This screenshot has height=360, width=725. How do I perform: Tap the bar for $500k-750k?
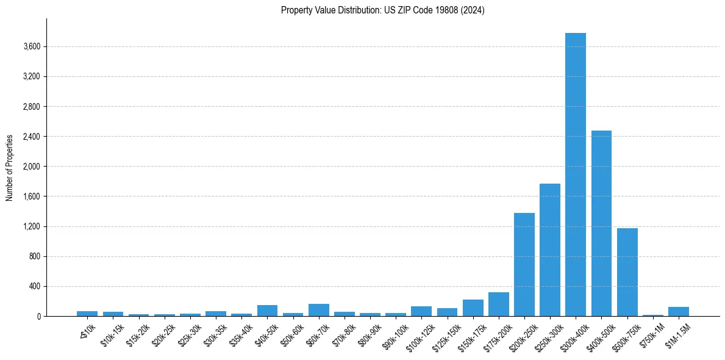pos(627,272)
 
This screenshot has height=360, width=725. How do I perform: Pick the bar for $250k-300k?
pos(549,250)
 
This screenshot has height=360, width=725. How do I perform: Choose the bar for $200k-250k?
pos(524,265)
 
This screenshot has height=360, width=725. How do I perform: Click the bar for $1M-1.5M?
pos(678,312)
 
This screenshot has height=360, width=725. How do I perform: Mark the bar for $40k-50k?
pos(267,311)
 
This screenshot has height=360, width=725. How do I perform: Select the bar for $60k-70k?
pos(318,310)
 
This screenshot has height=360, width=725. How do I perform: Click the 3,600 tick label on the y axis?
pos(31,47)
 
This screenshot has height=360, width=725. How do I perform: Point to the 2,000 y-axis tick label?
pos(31,167)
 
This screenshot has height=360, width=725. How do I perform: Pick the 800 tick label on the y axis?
pos(34,256)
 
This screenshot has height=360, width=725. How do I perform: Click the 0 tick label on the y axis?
pos(38,316)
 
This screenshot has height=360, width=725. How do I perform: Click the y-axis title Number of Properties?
pos(10,167)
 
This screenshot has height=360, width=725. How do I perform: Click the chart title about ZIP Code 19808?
pos(382,10)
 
